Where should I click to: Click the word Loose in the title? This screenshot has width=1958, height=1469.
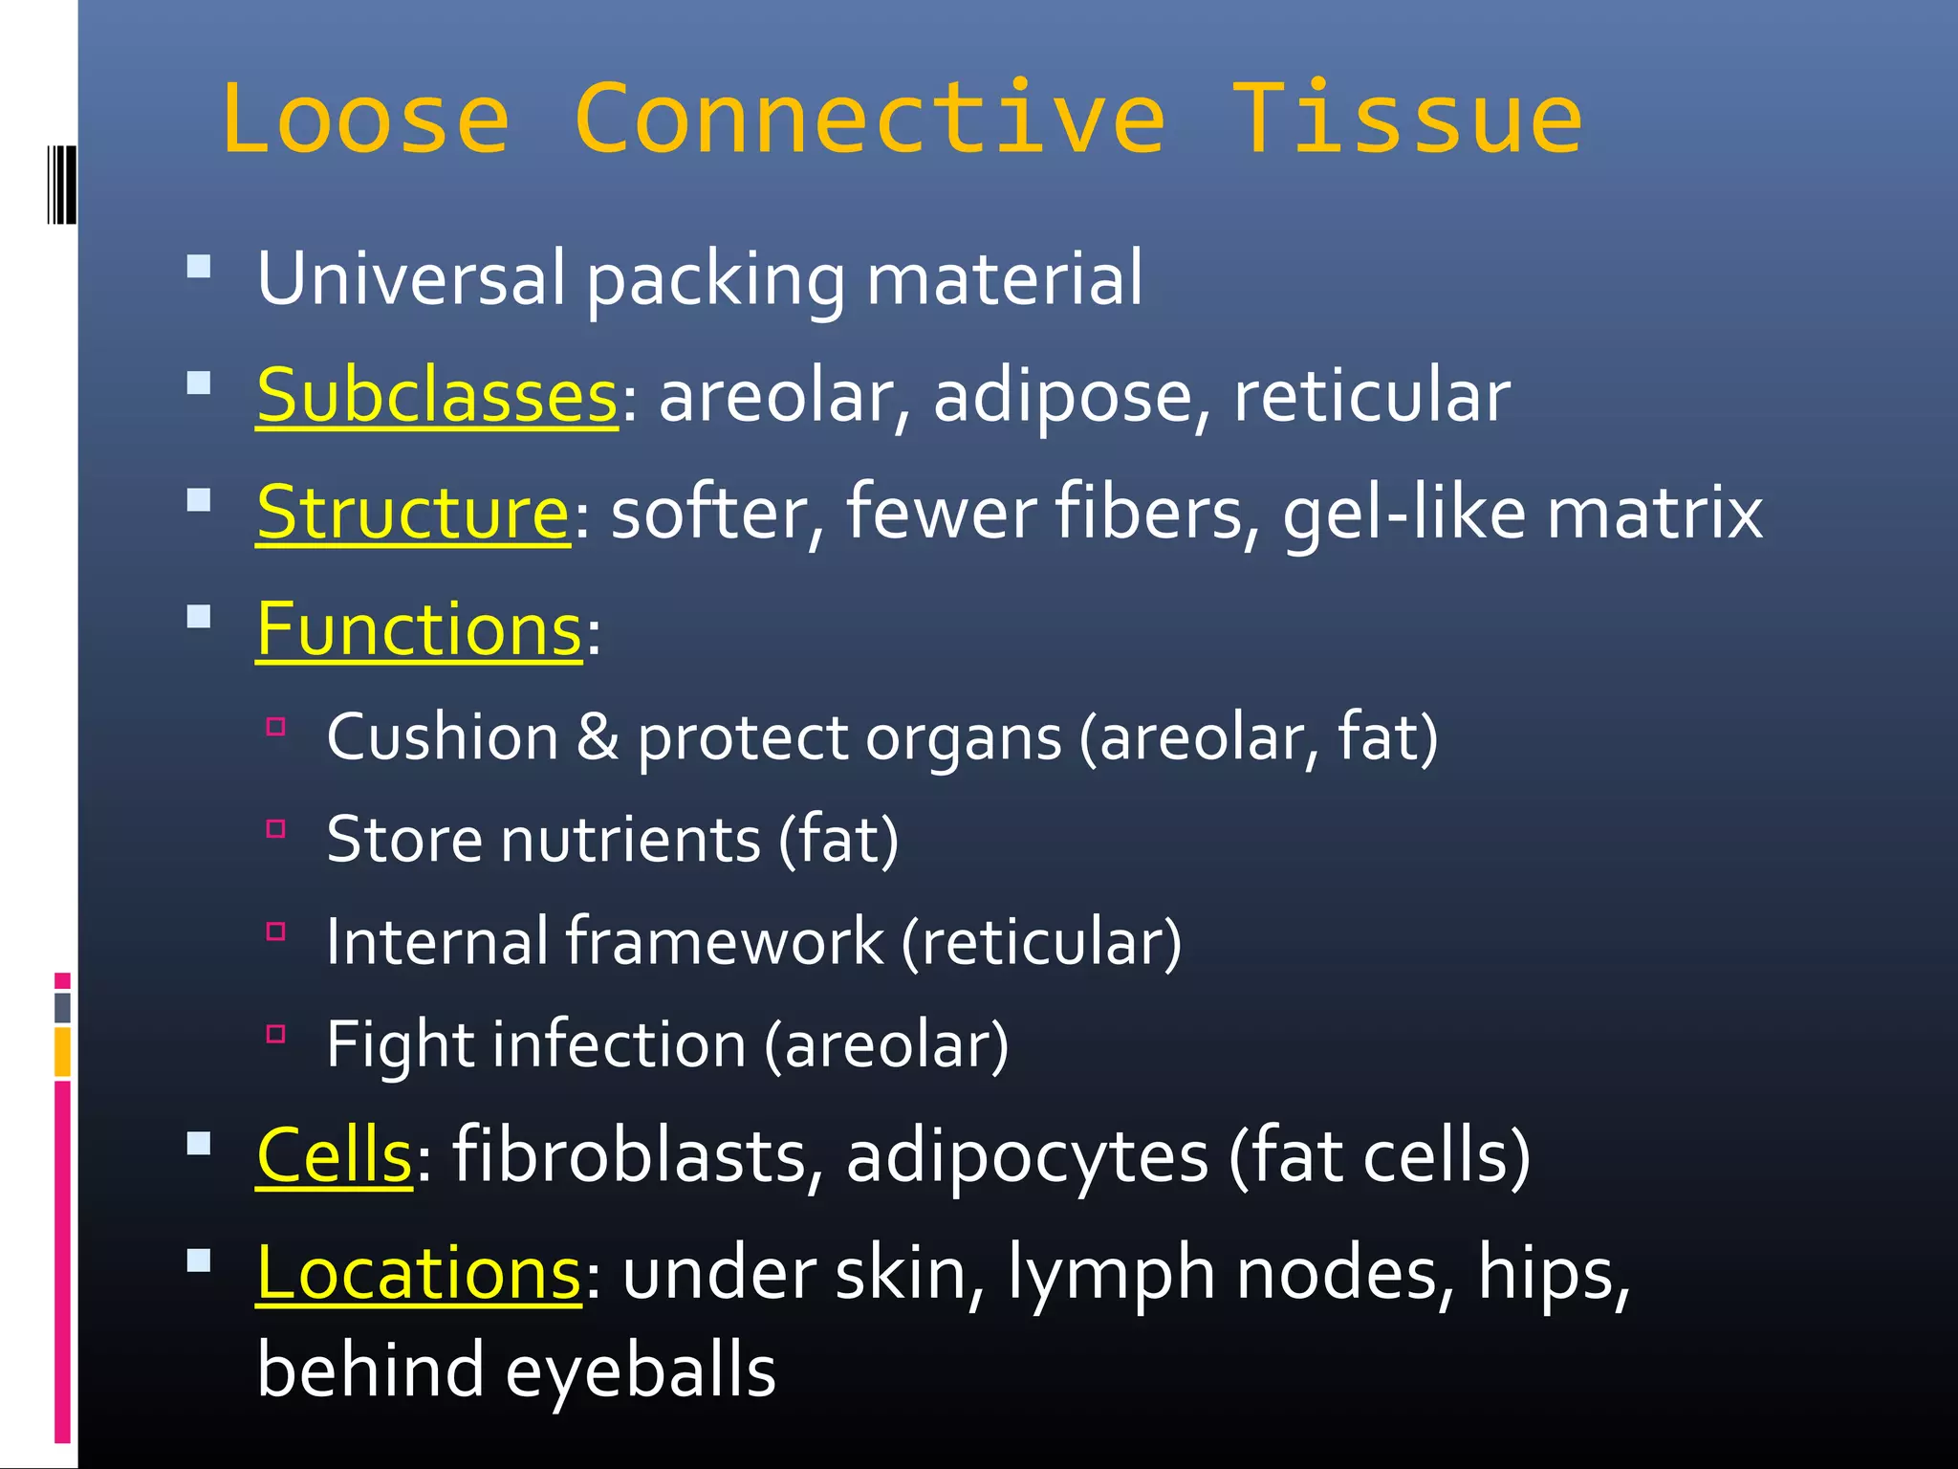click(365, 120)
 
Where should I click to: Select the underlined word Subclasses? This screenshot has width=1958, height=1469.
click(437, 396)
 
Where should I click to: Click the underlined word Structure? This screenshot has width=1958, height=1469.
click(413, 514)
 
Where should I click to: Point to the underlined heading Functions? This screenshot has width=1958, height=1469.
click(419, 630)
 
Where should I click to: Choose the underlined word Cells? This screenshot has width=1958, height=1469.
click(335, 1155)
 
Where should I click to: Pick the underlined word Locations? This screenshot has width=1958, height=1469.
click(419, 1274)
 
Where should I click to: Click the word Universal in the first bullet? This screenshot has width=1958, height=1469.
click(411, 278)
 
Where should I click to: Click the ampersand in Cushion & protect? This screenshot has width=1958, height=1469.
click(598, 737)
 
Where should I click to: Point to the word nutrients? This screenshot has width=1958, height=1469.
click(630, 840)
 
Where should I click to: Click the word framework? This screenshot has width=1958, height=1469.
click(725, 942)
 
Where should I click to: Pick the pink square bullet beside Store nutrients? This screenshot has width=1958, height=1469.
click(276, 828)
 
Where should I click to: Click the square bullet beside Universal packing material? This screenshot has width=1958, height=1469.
click(199, 266)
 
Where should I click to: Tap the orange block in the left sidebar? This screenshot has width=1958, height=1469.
click(62, 1050)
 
